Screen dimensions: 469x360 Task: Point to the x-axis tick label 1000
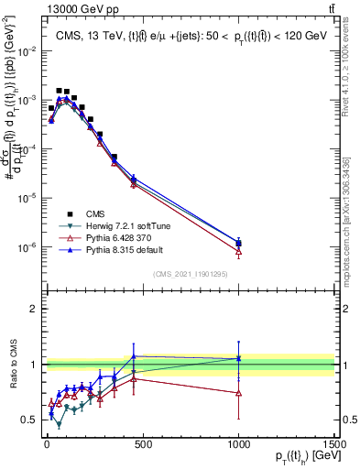238,443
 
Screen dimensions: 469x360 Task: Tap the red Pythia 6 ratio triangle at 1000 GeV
238,392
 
